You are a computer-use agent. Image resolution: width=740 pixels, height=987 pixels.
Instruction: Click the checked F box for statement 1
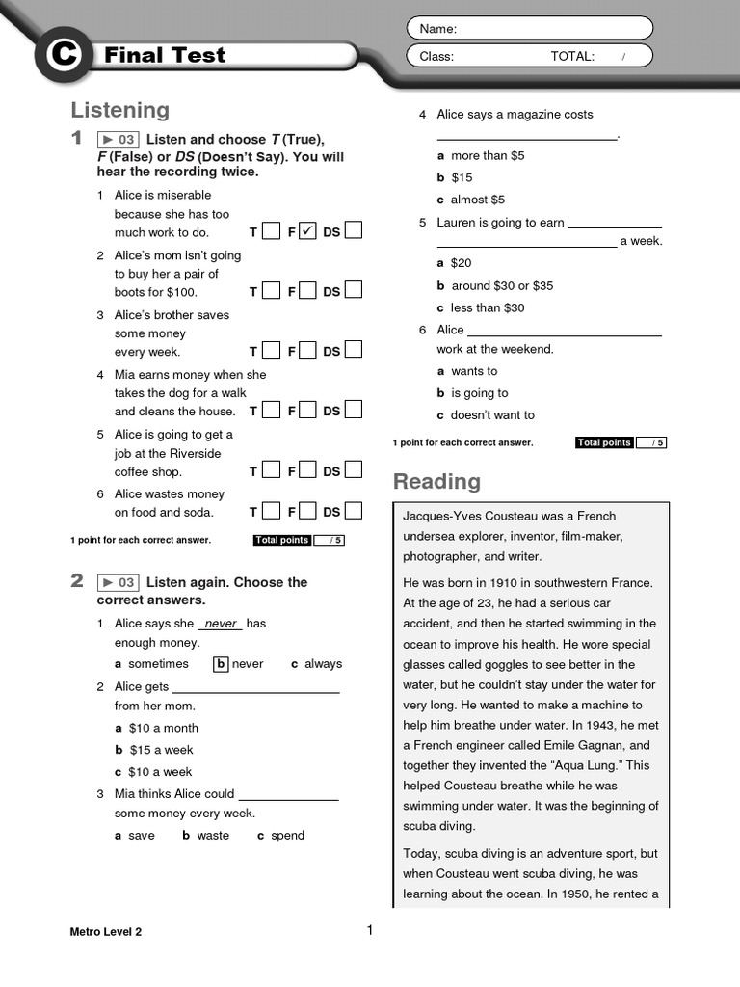(x=307, y=231)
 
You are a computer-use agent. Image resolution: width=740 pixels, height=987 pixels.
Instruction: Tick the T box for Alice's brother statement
(x=271, y=351)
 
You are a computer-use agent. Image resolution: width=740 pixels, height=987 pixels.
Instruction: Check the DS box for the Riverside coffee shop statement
(x=354, y=470)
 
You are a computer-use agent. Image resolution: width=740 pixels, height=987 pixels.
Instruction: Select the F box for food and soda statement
(x=307, y=511)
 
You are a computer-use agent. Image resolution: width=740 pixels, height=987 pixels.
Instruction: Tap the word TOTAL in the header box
(x=572, y=56)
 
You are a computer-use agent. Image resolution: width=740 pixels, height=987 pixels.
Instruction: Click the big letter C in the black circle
(x=65, y=56)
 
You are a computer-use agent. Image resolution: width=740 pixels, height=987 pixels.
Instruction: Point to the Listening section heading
(x=120, y=110)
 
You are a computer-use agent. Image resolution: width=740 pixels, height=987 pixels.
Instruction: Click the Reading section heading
(x=436, y=481)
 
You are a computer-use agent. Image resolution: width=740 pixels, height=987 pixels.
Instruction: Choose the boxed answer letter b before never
(x=221, y=664)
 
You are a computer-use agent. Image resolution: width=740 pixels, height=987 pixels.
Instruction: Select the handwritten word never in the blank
(x=221, y=624)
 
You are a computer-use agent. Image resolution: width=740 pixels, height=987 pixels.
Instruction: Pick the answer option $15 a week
(x=161, y=750)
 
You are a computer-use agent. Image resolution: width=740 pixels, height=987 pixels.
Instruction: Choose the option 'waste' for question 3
(x=213, y=836)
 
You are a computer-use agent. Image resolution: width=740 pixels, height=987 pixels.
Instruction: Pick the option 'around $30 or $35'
(x=502, y=286)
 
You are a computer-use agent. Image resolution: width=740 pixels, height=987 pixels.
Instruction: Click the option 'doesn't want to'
(x=492, y=415)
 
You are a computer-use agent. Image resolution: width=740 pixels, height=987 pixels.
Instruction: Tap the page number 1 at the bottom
(x=369, y=930)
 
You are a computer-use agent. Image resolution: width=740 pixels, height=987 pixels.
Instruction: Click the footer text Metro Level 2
(x=106, y=931)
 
